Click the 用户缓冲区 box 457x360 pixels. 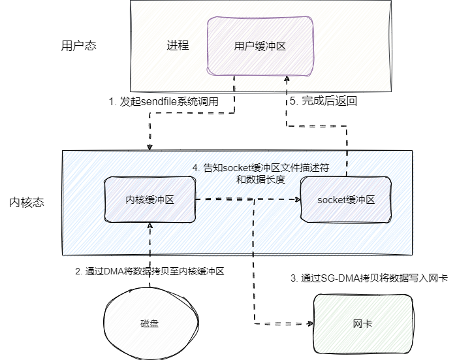click(260, 47)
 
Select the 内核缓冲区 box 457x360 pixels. click(150, 199)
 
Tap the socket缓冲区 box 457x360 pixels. click(345, 199)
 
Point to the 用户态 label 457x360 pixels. click(79, 46)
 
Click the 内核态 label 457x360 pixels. click(27, 203)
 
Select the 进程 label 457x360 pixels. click(178, 46)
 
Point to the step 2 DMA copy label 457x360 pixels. click(150, 270)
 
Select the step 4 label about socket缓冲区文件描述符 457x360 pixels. click(260, 168)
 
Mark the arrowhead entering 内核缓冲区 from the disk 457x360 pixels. click(150, 225)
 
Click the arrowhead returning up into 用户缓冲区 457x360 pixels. click(286, 79)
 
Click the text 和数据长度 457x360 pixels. click(260, 179)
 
